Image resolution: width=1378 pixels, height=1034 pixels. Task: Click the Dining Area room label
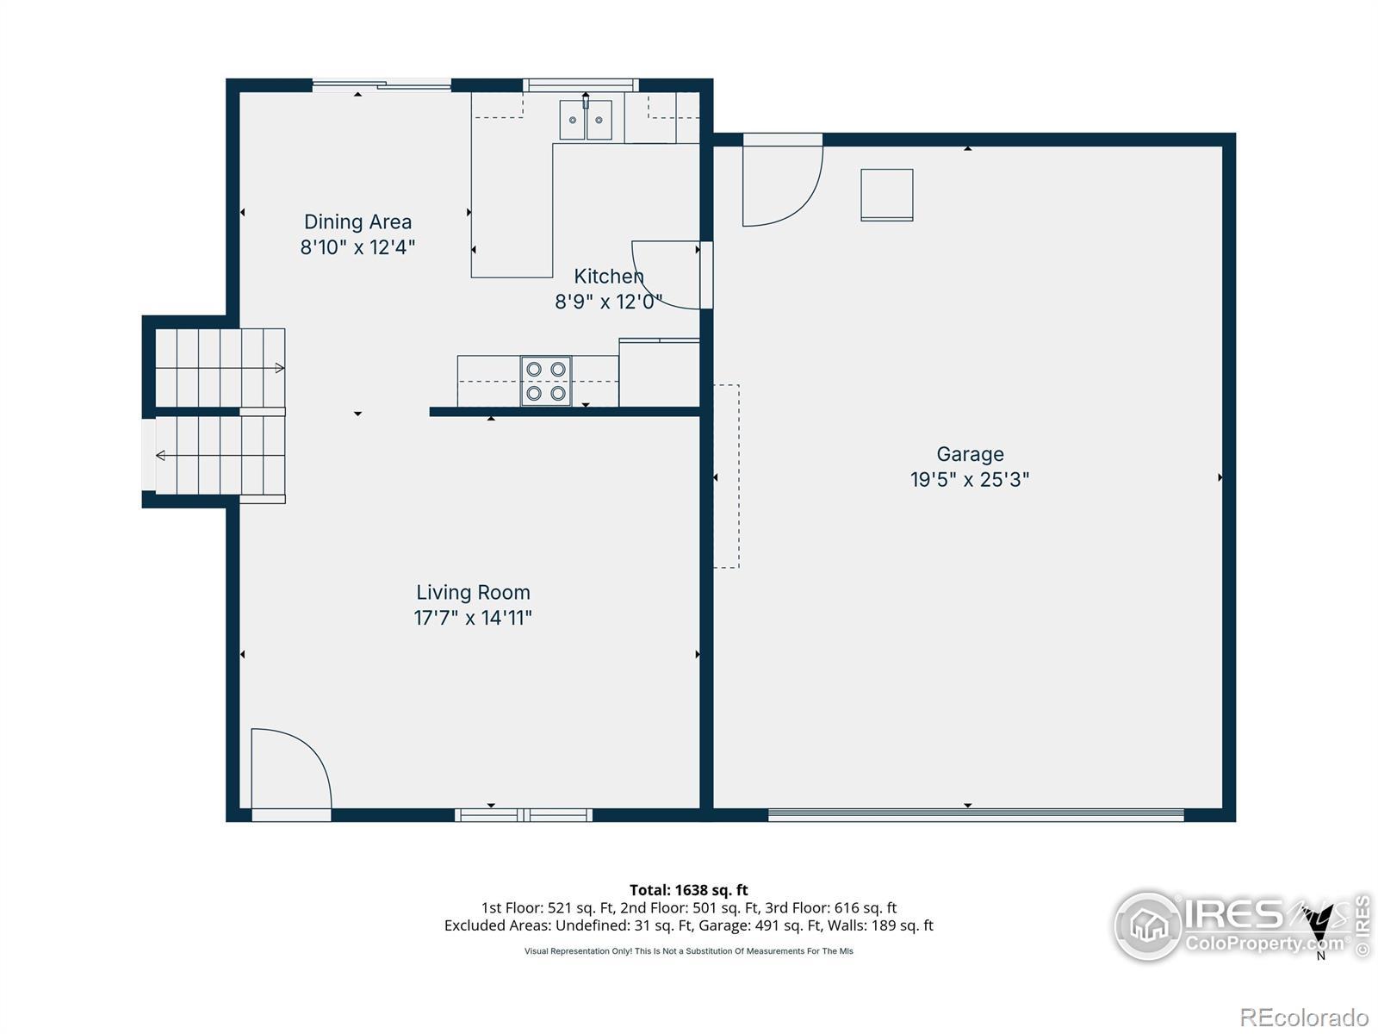pos(357,221)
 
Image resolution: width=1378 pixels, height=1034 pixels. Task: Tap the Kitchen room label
pos(608,277)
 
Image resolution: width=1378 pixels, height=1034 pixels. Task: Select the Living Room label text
pos(474,592)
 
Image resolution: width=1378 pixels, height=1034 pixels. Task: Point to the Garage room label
pos(970,454)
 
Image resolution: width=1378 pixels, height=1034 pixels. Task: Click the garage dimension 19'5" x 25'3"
pos(970,480)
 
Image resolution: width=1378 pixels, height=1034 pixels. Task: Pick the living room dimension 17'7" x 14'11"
pos(473,618)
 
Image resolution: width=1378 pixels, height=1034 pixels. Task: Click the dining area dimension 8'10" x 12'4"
pos(357,247)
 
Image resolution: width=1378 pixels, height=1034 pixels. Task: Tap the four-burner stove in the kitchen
pos(545,381)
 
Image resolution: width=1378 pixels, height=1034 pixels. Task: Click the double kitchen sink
pos(586,119)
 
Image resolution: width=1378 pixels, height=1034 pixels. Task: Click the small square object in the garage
pos(886,195)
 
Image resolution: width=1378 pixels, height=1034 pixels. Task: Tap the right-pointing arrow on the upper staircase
pos(280,368)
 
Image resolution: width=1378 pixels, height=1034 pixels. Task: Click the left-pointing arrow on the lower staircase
pos(161,455)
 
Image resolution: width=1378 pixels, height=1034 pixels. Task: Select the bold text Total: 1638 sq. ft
pos(689,889)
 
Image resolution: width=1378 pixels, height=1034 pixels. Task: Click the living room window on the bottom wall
pos(524,815)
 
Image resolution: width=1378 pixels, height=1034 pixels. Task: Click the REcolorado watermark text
pos(1304,1017)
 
